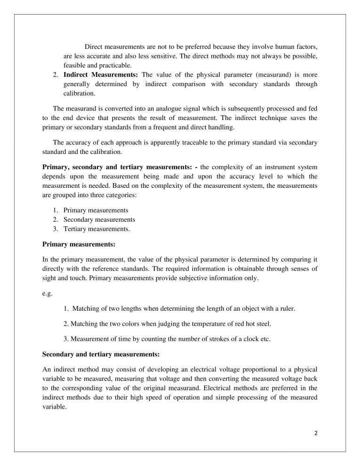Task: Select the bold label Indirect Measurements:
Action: [101, 75]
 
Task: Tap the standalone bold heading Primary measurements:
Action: [79, 244]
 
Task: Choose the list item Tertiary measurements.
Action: [96, 229]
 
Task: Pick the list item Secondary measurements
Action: [99, 220]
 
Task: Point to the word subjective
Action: [189, 278]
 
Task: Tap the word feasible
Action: [75, 65]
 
